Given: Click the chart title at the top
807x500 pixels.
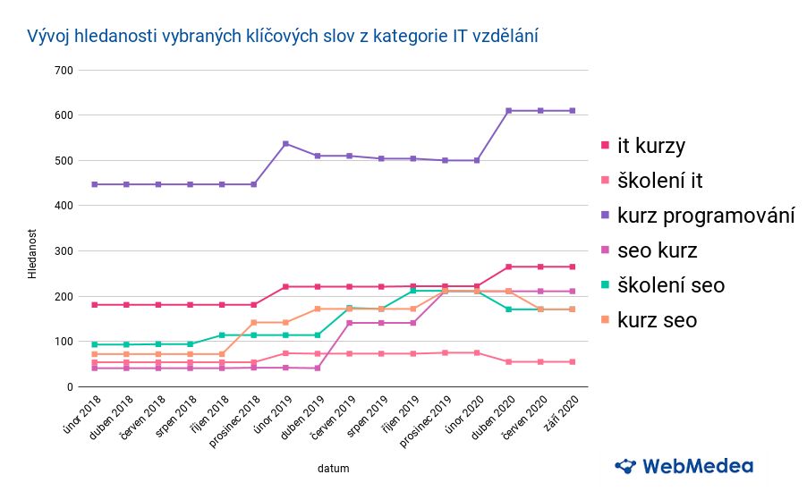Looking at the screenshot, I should pyautogui.click(x=283, y=37).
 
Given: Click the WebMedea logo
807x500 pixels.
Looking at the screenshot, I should pyautogui.click(x=684, y=466).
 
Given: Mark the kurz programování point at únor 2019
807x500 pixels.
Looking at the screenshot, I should pyautogui.click(x=285, y=144).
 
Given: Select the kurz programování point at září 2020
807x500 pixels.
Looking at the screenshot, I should pyautogui.click(x=572, y=111).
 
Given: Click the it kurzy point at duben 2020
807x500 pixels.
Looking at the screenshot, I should pyautogui.click(x=508, y=267).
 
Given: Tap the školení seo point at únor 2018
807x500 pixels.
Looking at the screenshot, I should pyautogui.click(x=94, y=344).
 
